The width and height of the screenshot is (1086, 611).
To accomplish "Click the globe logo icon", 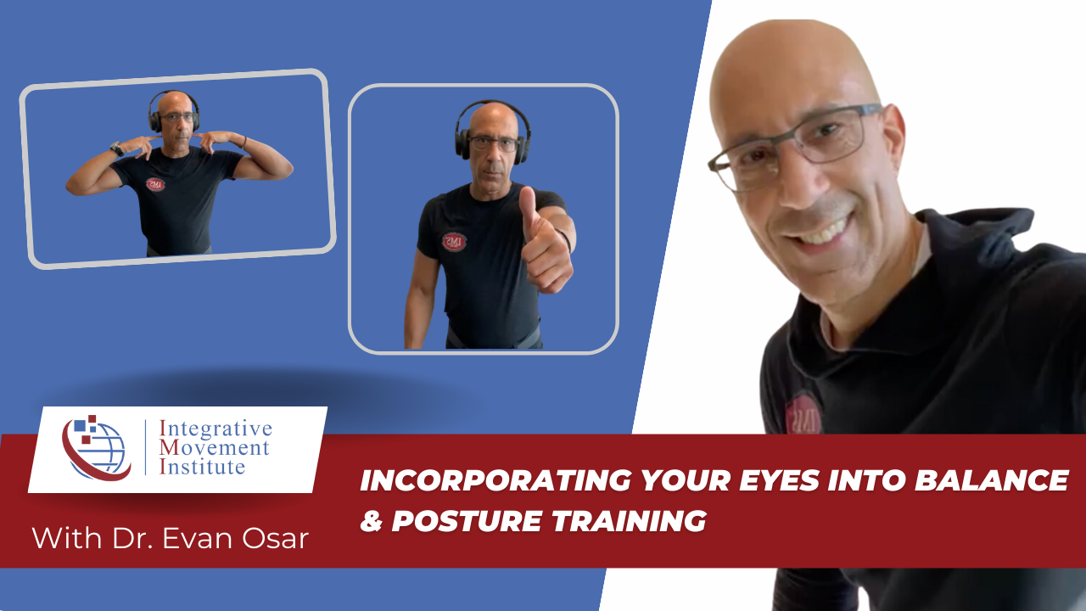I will (94, 447).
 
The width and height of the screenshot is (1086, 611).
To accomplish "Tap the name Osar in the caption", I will (277, 538).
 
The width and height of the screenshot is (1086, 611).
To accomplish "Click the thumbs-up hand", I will (543, 242).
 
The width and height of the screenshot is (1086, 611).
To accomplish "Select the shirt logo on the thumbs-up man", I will (453, 242).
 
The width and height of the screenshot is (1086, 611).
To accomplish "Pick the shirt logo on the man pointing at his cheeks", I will (155, 184).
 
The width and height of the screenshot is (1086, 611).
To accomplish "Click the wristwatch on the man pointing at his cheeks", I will (116, 149).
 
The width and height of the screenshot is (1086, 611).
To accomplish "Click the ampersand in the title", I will (371, 521).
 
